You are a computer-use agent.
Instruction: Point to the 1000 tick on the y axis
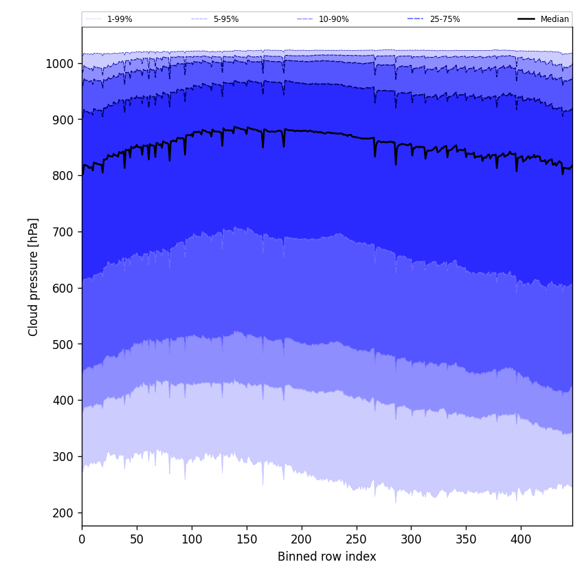click(x=60, y=63)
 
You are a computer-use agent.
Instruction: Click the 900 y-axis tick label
click(x=63, y=120)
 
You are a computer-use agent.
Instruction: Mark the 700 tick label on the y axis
click(x=63, y=232)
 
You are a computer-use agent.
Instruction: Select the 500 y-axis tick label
click(x=63, y=344)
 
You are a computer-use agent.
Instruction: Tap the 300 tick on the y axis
click(x=63, y=456)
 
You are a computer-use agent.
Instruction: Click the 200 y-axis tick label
click(x=63, y=513)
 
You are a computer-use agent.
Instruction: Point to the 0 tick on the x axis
click(x=82, y=539)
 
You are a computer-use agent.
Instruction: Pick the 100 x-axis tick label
click(x=192, y=539)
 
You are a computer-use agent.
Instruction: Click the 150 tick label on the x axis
click(x=247, y=539)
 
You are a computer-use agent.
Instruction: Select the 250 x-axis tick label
click(x=356, y=539)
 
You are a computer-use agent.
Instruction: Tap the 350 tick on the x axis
click(x=466, y=539)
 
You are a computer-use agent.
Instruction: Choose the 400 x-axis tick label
click(x=521, y=539)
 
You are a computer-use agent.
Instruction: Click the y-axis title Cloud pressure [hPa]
click(x=34, y=276)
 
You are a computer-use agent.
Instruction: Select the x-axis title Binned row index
click(x=327, y=557)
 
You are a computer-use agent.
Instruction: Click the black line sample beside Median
click(x=526, y=19)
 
